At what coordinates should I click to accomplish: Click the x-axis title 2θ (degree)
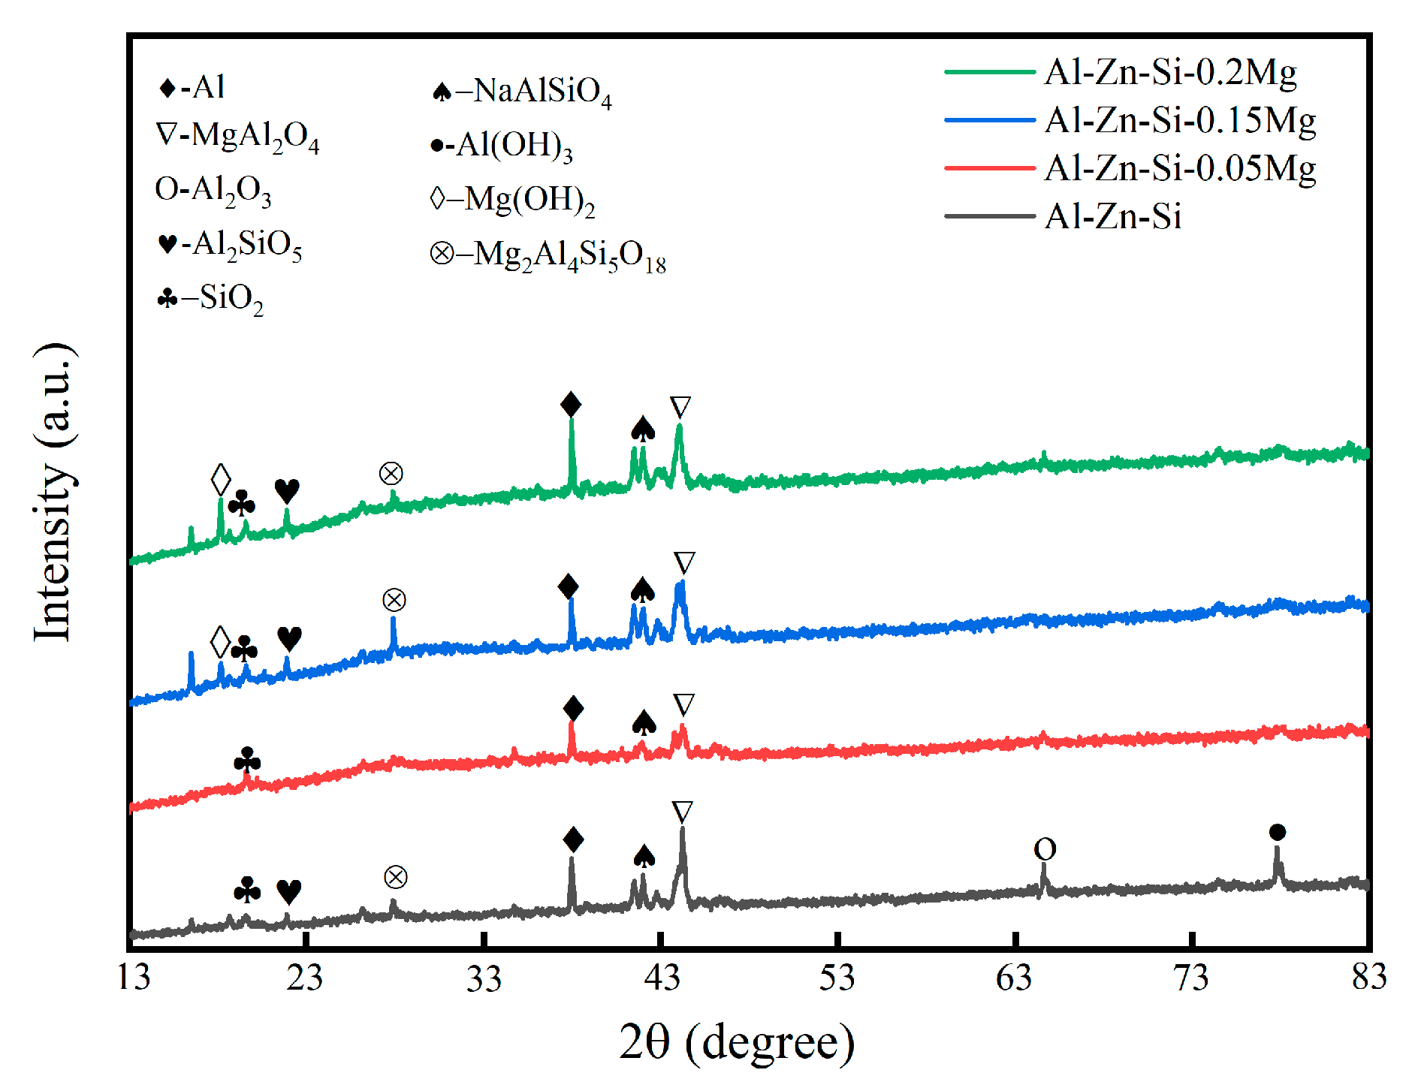tap(736, 1042)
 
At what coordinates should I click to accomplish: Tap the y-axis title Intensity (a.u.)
tap(54, 492)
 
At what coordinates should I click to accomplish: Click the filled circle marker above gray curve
tap(1277, 832)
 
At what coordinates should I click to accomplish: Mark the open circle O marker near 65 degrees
tap(1045, 849)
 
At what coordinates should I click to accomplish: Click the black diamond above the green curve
tap(571, 405)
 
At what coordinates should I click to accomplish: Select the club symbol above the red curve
tap(247, 761)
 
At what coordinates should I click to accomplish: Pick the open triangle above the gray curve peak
tap(682, 812)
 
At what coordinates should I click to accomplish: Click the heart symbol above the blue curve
tap(289, 638)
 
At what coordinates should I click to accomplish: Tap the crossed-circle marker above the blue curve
tap(394, 600)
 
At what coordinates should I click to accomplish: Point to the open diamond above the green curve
tap(220, 479)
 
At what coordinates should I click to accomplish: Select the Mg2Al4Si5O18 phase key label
tap(548, 255)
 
